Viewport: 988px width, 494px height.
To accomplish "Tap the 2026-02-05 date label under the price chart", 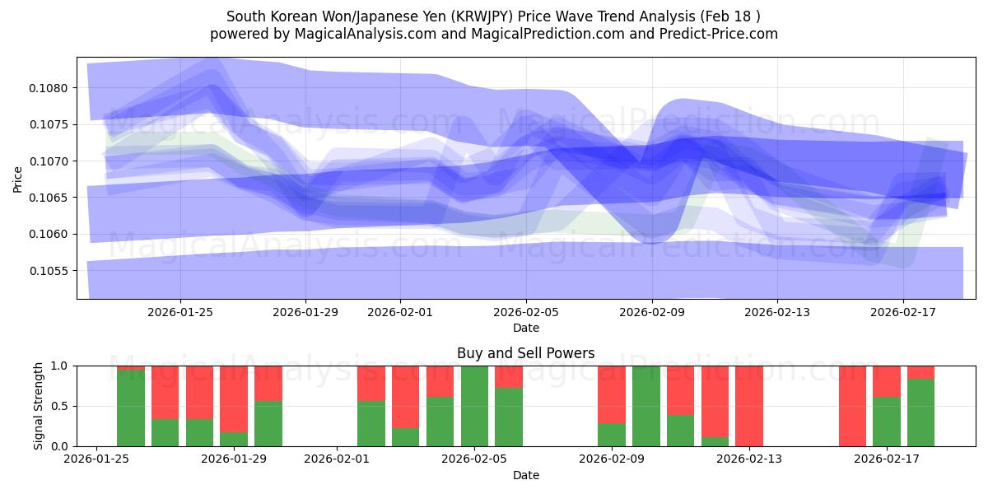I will (526, 313).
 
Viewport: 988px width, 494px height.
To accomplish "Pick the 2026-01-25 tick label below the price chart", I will (180, 313).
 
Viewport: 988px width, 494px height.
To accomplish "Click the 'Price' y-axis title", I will (18, 178).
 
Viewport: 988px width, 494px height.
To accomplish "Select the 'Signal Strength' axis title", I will (38, 406).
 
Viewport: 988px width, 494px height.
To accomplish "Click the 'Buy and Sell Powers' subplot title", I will (526, 353).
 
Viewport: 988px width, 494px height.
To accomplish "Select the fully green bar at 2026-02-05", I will (474, 406).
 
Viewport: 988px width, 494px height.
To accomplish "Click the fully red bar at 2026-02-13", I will (749, 406).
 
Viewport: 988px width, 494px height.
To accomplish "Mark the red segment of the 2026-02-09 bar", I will (612, 394).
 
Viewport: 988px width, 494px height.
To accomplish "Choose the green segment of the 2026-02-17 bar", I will (887, 422).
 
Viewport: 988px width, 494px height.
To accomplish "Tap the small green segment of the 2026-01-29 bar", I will (234, 439).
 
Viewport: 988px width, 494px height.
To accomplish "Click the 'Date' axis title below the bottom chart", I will (526, 475).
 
